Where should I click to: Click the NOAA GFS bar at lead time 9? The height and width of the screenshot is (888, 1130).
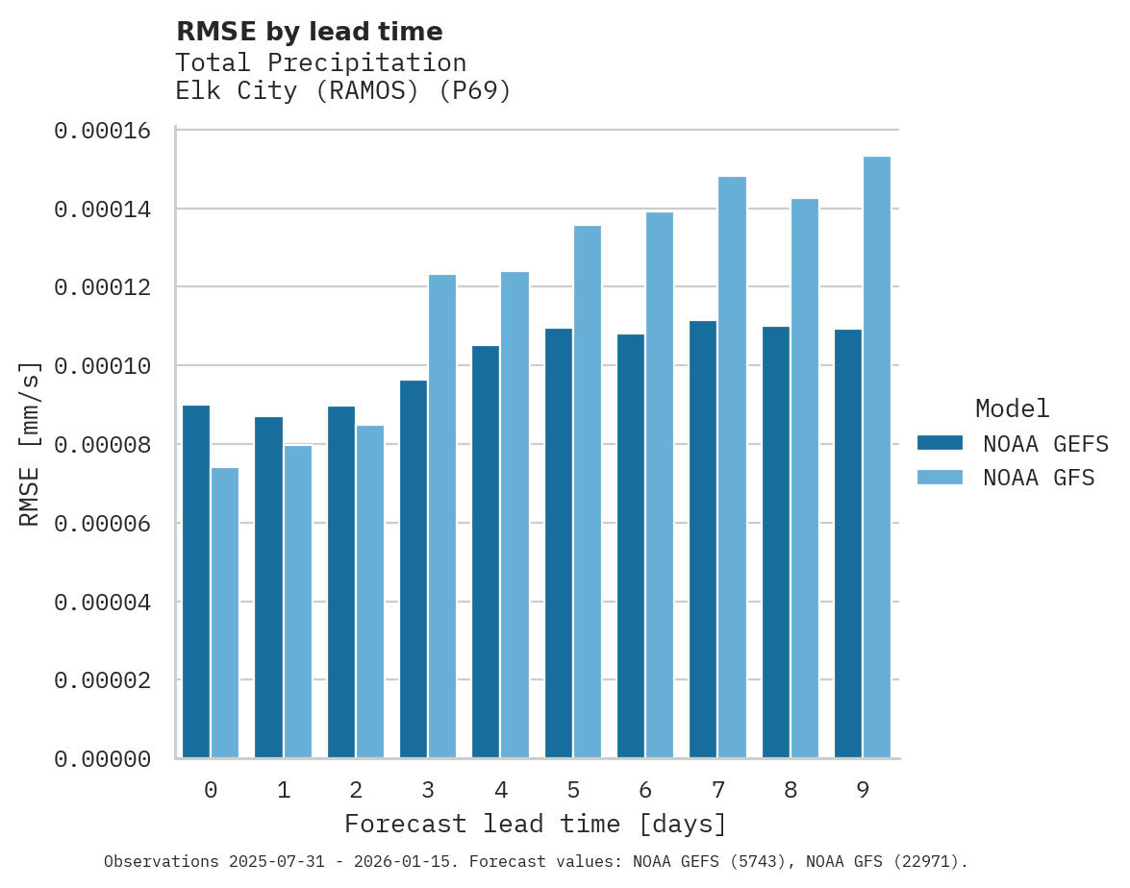pos(877,457)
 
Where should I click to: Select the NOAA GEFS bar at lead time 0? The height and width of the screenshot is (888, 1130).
pos(196,581)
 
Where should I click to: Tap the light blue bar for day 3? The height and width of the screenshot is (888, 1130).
pos(442,516)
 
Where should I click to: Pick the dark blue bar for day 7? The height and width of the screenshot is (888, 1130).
pos(703,539)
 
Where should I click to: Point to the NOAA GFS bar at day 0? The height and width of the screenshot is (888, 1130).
pos(225,612)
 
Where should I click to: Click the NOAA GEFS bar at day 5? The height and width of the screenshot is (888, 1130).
pos(559,543)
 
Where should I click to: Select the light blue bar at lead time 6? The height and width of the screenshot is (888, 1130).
pos(660,484)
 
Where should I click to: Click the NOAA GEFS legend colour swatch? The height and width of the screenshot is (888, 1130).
pos(940,443)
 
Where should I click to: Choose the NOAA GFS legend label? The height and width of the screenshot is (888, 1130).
pos(1039,477)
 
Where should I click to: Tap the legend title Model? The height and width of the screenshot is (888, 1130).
pos(1012,408)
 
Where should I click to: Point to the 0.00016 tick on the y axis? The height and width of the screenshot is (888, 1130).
pos(103,131)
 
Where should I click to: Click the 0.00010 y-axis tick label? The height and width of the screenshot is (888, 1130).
pos(103,366)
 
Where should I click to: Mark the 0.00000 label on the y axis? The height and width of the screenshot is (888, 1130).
pos(103,759)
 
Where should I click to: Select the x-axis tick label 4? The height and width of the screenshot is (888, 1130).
pos(501,790)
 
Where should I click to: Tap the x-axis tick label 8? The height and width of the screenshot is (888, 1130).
pos(791,790)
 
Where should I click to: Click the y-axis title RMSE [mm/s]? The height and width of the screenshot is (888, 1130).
pos(30,444)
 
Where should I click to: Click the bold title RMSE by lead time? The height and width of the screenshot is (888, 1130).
pos(310,32)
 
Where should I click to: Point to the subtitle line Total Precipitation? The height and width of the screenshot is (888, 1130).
pos(321,62)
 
